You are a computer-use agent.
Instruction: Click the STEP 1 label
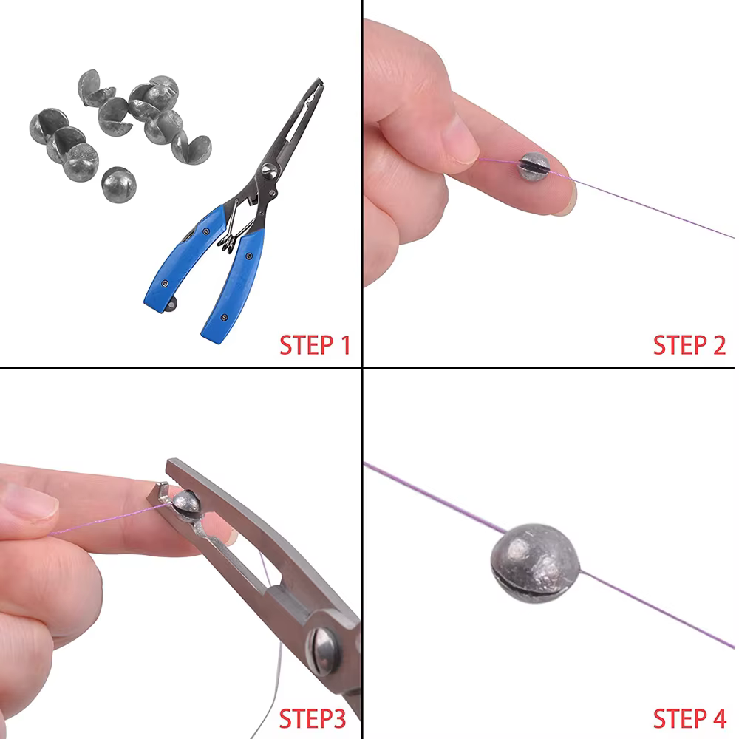[x=315, y=345]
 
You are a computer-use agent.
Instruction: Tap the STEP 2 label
[x=689, y=345]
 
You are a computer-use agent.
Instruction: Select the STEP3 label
[x=313, y=719]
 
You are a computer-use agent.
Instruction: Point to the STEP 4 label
[x=689, y=719]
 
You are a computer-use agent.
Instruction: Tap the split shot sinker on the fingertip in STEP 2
[x=534, y=166]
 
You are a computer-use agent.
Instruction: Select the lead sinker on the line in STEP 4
[x=535, y=562]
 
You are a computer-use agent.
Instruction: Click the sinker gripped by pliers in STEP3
[x=187, y=506]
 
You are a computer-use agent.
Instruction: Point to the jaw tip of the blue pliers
[x=319, y=82]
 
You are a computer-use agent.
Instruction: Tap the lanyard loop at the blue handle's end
[x=170, y=304]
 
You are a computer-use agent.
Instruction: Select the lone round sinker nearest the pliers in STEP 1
[x=119, y=184]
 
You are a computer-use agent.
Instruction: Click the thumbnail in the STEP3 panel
[x=30, y=503]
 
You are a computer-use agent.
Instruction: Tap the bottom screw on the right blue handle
[x=225, y=318]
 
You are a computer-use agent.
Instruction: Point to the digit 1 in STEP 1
[x=345, y=345]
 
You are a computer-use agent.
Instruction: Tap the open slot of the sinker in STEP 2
[x=534, y=166]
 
